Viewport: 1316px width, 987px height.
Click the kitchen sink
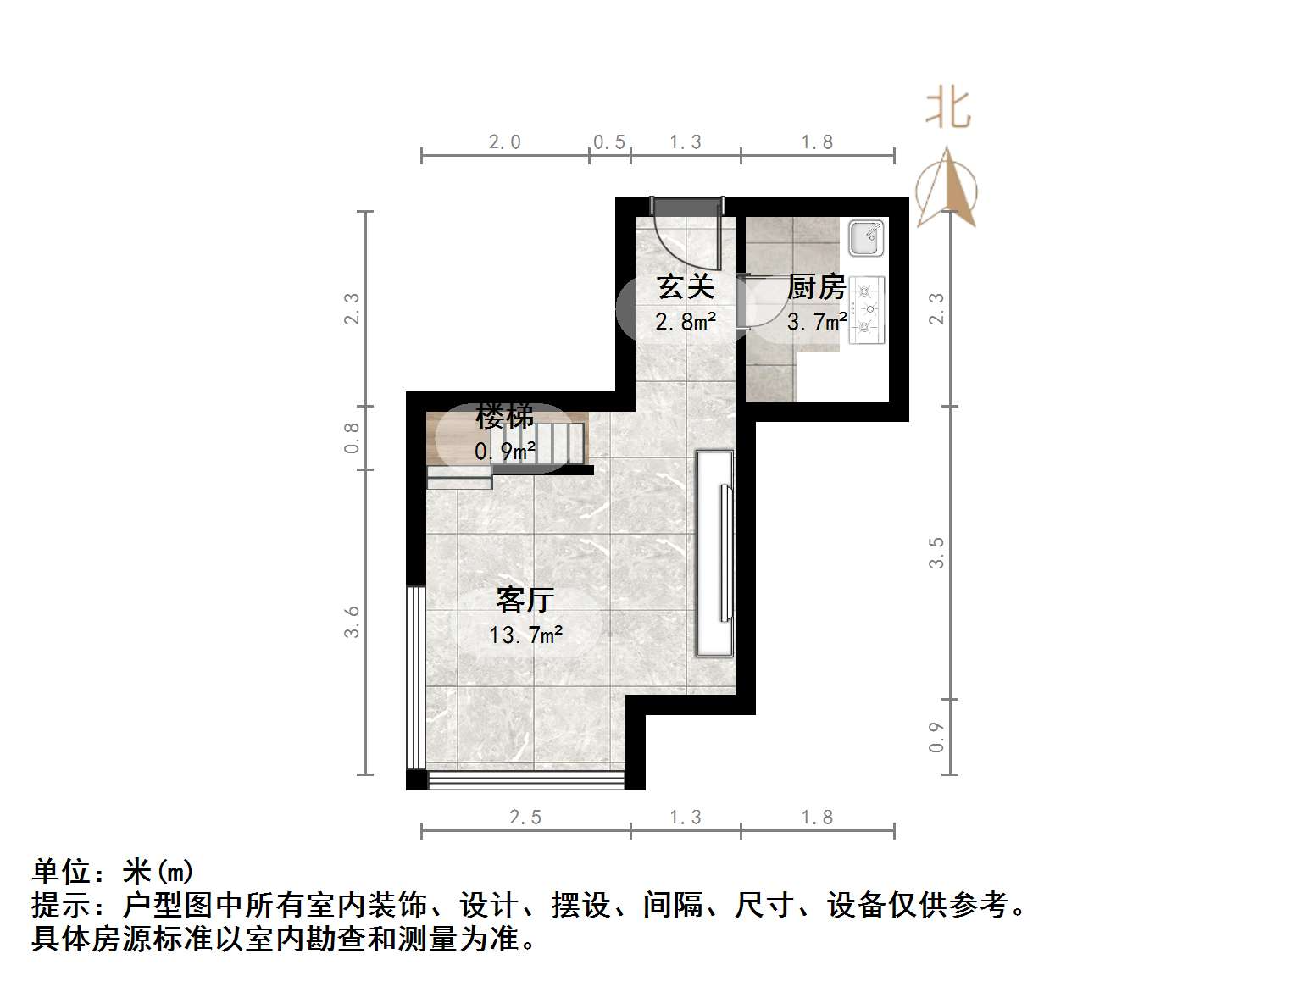[x=867, y=238]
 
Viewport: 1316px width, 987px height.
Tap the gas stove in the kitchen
[x=867, y=310]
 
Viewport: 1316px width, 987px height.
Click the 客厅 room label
[x=525, y=600]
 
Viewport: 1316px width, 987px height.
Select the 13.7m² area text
[x=525, y=635]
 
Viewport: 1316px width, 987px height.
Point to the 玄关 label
[x=686, y=286]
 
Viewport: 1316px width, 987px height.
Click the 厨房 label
[x=816, y=287]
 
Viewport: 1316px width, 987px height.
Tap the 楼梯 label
[x=505, y=417]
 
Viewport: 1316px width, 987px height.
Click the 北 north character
[x=947, y=109]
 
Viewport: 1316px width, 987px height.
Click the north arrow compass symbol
[x=947, y=188]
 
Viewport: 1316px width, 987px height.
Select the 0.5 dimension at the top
[x=609, y=142]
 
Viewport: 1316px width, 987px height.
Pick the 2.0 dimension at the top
[x=504, y=142]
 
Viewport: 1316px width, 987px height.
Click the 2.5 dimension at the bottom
[x=525, y=818]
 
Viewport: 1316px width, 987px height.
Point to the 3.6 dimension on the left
[x=352, y=621]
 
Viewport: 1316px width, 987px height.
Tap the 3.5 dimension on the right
[x=936, y=552]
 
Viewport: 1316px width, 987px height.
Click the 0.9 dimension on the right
[x=936, y=736]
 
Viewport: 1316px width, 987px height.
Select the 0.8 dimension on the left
[x=352, y=438]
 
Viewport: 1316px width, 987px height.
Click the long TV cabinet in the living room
[x=714, y=553]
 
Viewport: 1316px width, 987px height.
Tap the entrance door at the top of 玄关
[x=687, y=205]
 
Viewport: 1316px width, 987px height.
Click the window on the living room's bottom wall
[x=526, y=780]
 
